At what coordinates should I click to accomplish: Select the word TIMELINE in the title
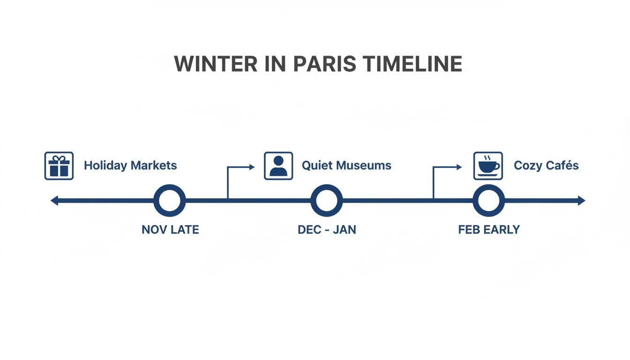click(x=412, y=64)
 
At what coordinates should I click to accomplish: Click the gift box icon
click(x=59, y=165)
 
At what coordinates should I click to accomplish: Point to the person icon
click(x=278, y=165)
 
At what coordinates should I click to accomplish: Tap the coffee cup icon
click(x=488, y=165)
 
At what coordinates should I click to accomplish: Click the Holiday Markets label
click(x=130, y=165)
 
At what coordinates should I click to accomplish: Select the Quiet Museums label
click(x=346, y=165)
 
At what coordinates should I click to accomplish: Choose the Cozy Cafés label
click(x=546, y=165)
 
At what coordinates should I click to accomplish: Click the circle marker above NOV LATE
click(x=170, y=201)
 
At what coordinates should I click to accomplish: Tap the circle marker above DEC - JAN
click(x=327, y=201)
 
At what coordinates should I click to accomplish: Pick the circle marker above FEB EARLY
click(x=488, y=201)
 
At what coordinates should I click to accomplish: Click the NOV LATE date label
click(x=170, y=230)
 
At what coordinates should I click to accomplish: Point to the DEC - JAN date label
click(x=327, y=230)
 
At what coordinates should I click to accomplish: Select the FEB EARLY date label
click(x=489, y=230)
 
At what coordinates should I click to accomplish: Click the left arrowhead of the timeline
click(x=54, y=201)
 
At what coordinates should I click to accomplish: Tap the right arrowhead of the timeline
click(x=582, y=201)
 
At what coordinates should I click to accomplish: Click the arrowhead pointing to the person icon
click(x=252, y=167)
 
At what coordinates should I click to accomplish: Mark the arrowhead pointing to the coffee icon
click(x=459, y=167)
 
